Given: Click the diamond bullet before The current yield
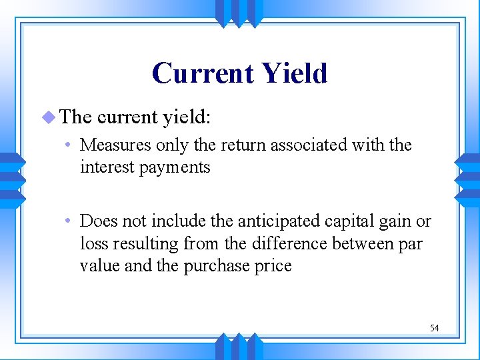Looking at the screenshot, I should tap(47, 117).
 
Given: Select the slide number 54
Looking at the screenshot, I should tap(434, 328).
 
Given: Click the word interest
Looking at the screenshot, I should tap(103, 167).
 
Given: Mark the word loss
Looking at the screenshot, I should tap(93, 244).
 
